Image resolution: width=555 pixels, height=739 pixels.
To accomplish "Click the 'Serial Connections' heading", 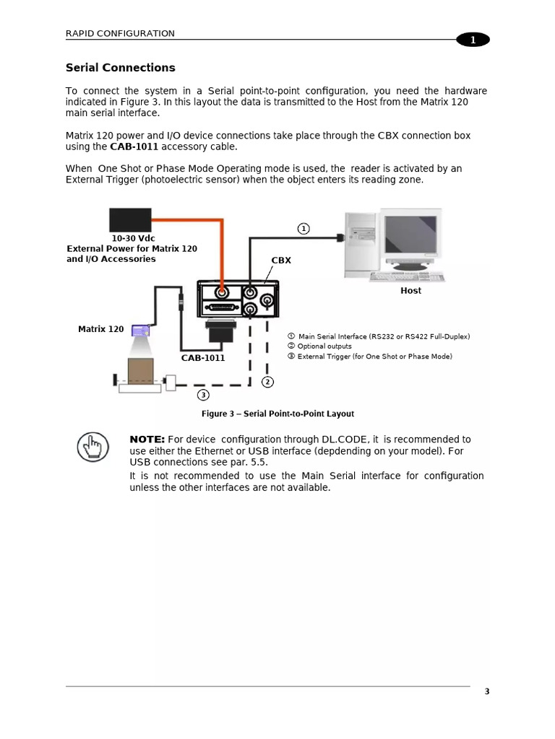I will coord(120,68).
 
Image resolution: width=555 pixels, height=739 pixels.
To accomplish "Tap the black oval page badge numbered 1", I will coord(473,40).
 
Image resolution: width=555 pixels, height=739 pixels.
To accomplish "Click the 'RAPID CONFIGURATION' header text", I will coord(120,33).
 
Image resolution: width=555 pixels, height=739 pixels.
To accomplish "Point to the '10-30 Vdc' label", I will coord(133,237).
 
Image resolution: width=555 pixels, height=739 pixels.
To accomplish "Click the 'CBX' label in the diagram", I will coord(281,260).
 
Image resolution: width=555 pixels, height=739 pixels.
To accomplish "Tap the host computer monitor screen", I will coord(410,237).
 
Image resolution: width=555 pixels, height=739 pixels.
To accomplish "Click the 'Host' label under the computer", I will coord(410,290).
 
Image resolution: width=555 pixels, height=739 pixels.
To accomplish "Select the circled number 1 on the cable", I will coord(304,229).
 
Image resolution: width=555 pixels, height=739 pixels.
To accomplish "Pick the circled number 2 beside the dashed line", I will coord(267,382).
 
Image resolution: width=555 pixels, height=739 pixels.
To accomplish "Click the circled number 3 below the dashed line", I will coord(204,395).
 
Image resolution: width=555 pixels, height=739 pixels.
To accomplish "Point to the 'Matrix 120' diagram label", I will coord(100,329).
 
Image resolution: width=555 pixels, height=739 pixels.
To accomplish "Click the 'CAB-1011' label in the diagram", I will coord(203,357).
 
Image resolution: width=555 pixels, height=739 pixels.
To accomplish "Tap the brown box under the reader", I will coord(140,370).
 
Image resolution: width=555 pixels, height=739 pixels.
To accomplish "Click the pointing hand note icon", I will coord(92,447).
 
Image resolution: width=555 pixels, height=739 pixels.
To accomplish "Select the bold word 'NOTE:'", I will coord(147,440).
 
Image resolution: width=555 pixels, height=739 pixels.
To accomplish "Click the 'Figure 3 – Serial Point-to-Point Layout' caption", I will coord(277,414).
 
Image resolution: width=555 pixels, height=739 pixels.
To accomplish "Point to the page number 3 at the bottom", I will coord(486,691).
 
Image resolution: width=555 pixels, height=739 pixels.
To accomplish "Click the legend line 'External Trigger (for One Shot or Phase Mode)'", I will coord(374,356).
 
